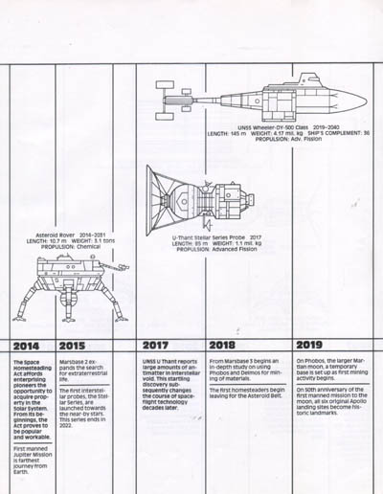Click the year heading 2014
pyautogui.click(x=27, y=346)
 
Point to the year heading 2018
pyautogui.click(x=228, y=346)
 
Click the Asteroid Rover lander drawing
pyautogui.click(x=79, y=286)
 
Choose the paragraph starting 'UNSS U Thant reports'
pyautogui.click(x=169, y=387)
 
